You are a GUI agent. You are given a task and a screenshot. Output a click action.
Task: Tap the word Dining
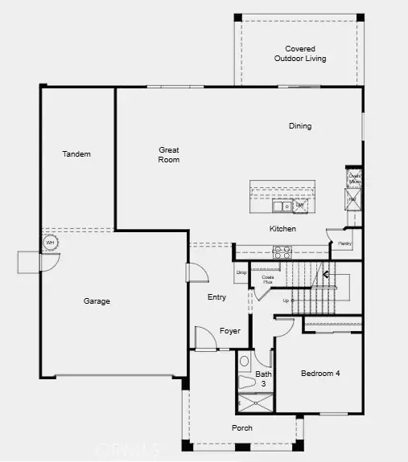pyautogui.click(x=300, y=126)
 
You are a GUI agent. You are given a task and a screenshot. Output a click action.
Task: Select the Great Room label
pyautogui.click(x=168, y=154)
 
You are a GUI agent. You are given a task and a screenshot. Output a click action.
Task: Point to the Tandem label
pyautogui.click(x=77, y=154)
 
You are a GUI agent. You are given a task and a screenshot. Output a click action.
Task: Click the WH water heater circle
pyautogui.click(x=50, y=242)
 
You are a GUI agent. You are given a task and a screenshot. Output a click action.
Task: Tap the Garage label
pyautogui.click(x=97, y=301)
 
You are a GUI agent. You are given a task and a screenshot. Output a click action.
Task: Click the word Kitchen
pyautogui.click(x=282, y=229)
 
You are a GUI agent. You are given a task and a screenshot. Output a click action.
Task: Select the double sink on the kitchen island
pyautogui.click(x=282, y=206)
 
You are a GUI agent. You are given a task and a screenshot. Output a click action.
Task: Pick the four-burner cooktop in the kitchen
pyautogui.click(x=282, y=250)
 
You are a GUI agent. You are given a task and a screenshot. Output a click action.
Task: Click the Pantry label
pyautogui.click(x=344, y=243)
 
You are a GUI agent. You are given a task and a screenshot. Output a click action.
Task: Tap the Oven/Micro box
pyautogui.click(x=354, y=178)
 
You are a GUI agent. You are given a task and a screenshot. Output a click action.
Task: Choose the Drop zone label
pyautogui.click(x=241, y=272)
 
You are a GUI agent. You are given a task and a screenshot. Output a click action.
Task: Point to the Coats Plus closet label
pyautogui.click(x=267, y=280)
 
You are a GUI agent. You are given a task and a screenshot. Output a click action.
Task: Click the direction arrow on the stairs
pyautogui.click(x=327, y=274)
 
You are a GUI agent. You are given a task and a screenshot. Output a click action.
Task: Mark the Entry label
pyautogui.click(x=217, y=297)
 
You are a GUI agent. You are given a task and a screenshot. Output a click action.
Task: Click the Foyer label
pyautogui.click(x=230, y=331)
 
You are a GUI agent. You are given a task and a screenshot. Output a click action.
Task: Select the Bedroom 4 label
pyautogui.click(x=320, y=373)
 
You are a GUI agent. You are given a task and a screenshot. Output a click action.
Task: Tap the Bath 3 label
pyautogui.click(x=264, y=378)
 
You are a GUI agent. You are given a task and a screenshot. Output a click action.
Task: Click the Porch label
pyautogui.click(x=243, y=427)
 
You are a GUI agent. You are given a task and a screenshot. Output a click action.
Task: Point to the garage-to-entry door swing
pyautogui.click(x=196, y=272)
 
